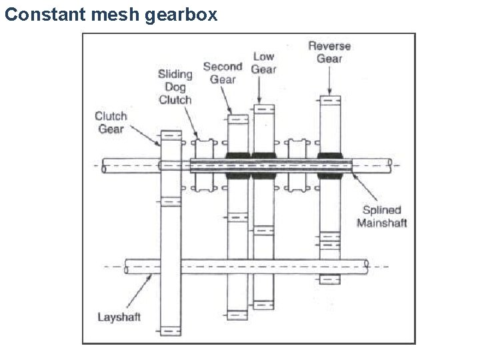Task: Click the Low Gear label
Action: click(x=263, y=63)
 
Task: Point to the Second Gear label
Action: click(x=223, y=73)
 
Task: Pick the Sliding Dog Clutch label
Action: click(x=175, y=87)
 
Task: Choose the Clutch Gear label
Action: click(x=111, y=123)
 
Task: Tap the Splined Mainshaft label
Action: click(x=381, y=216)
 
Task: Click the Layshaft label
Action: click(x=119, y=317)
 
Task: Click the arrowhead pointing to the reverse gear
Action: click(x=330, y=91)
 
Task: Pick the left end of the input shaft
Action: click(x=105, y=166)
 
